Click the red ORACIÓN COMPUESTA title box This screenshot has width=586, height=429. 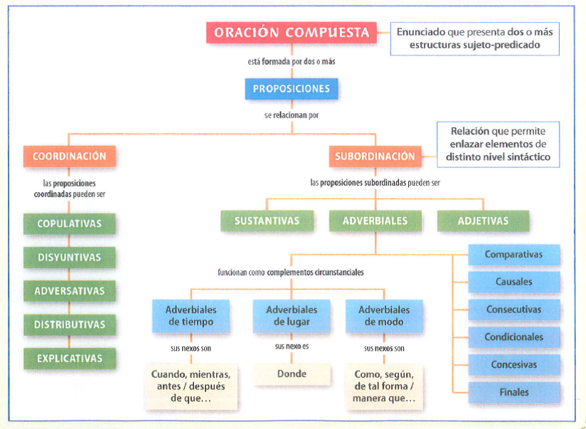point(292,33)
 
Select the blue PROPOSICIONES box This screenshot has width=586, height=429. point(292,89)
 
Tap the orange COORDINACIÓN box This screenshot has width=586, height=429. point(69,157)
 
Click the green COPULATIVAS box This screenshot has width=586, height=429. point(69,223)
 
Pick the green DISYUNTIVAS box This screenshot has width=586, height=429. point(69,257)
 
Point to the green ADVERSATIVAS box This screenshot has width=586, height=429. point(69,290)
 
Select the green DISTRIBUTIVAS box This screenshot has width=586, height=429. point(69,324)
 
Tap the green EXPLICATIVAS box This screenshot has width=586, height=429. point(69,358)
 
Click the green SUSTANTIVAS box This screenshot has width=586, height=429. point(267,221)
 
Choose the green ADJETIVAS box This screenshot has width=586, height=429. point(483,221)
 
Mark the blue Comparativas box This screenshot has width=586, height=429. point(513,255)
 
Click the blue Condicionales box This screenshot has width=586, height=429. point(513,337)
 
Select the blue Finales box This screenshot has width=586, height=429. point(513,392)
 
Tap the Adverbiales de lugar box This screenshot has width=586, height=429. point(292,316)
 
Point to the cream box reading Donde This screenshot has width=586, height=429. point(292,374)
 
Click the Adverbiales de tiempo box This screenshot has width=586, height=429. point(191,316)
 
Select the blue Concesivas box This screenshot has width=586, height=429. point(513,365)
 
